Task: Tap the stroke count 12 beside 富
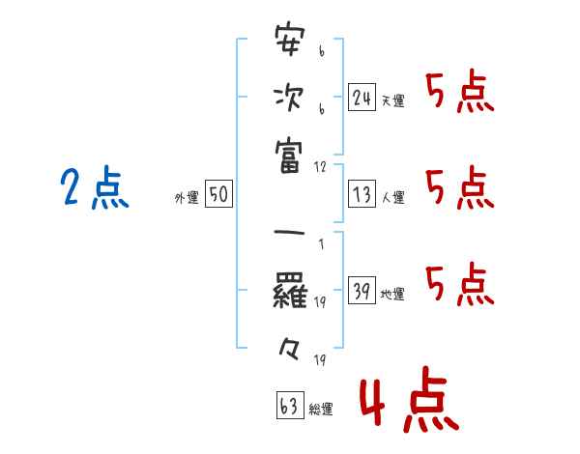coord(320,167)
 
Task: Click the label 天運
coord(393,100)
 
